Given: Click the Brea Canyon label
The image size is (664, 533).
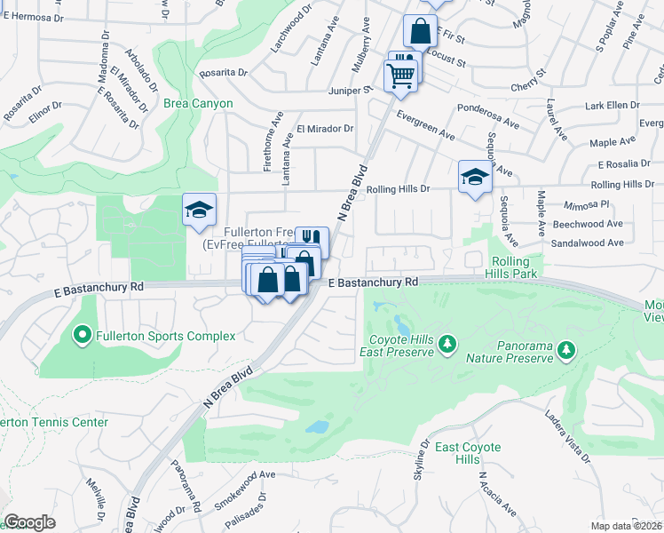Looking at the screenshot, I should pos(198,103).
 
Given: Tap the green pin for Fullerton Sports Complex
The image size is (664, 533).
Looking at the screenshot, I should pos(83,336).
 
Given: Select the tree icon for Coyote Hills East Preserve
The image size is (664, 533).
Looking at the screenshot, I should pos(448,343).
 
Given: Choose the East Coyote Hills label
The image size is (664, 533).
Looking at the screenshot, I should pos(469,453).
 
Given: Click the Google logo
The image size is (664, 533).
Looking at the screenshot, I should pos(29,522).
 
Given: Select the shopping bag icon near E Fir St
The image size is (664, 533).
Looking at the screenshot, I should pos(420,31).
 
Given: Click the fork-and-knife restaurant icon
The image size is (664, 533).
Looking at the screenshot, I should pos(311,238).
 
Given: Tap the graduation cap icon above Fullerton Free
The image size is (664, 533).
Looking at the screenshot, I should pos(199,210).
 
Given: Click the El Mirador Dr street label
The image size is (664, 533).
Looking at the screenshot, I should pos(325,129).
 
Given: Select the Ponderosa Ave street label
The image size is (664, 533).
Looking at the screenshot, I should pos(486,108).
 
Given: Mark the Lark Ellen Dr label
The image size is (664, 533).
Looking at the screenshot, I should pos(612,105).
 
